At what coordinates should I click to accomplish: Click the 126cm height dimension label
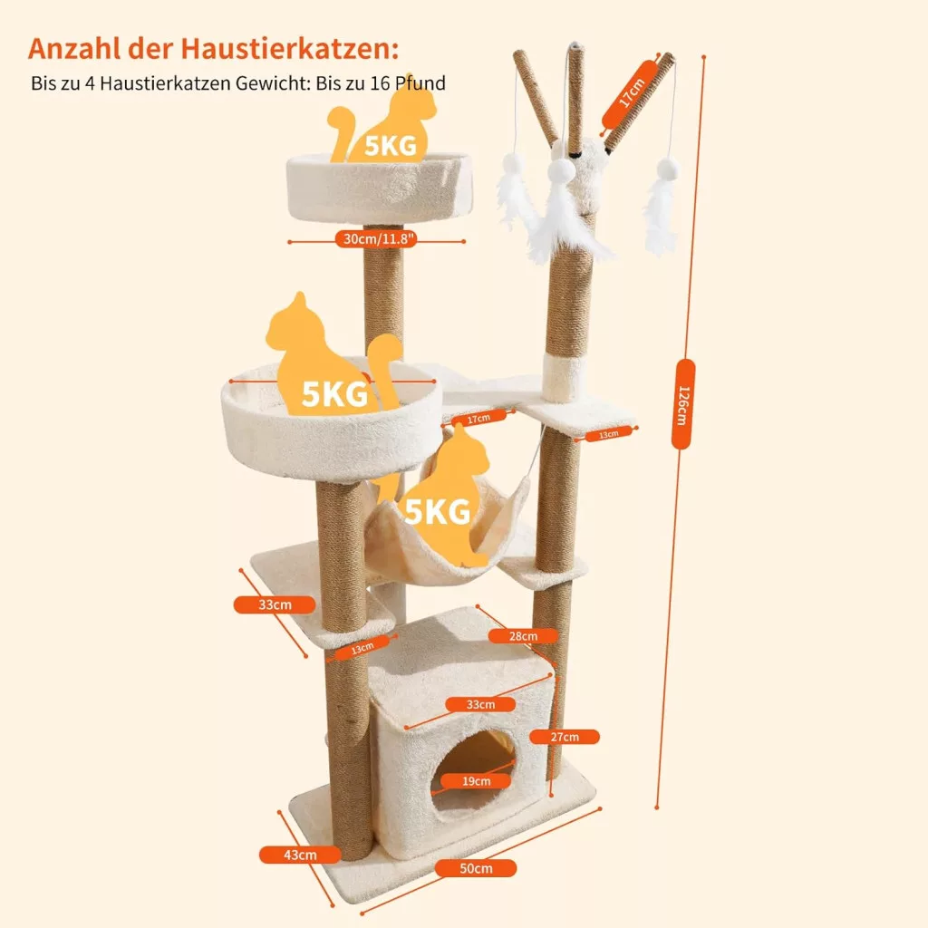682,403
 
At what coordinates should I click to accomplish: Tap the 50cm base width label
476,868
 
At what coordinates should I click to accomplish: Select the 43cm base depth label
300,855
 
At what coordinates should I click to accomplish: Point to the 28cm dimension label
523,635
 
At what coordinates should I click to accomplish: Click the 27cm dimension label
565,737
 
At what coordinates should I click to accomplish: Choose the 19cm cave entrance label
477,781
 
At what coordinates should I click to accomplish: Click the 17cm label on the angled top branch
631,93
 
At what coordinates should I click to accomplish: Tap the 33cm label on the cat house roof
480,704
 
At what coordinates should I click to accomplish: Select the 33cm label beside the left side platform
275,604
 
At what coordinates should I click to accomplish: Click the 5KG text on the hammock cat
438,511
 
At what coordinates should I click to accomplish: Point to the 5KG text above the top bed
391,146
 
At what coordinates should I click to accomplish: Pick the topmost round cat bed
380,187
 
